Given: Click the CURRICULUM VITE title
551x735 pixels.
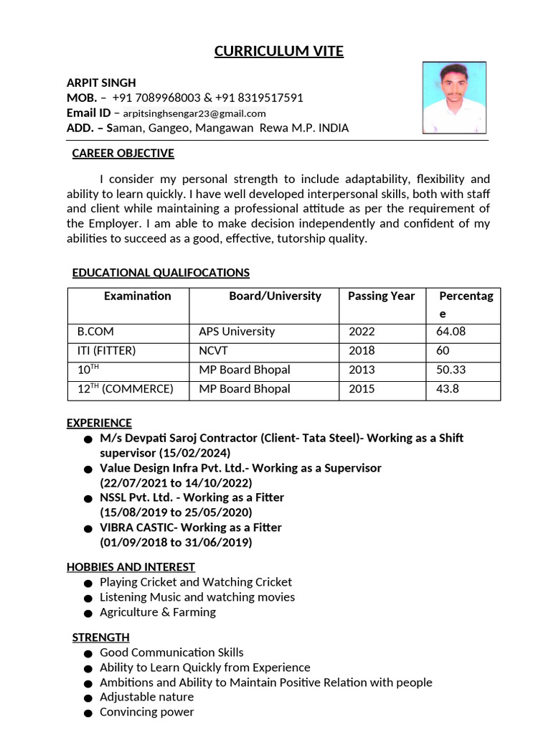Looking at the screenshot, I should pyautogui.click(x=279, y=51).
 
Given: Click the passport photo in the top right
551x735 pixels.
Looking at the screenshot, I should pyautogui.click(x=454, y=97).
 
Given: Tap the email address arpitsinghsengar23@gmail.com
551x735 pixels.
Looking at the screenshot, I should pyautogui.click(x=194, y=113).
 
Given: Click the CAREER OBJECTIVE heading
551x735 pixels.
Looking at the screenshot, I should pyautogui.click(x=123, y=153).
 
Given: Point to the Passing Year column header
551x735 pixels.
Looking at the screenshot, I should pyautogui.click(x=381, y=296).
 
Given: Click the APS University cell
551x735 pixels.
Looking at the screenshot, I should pyautogui.click(x=237, y=332).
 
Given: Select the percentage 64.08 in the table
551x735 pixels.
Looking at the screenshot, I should pyautogui.click(x=451, y=332).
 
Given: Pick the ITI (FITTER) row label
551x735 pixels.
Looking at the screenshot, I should pyautogui.click(x=106, y=351).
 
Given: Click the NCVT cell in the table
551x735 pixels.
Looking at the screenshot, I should pyautogui.click(x=213, y=351).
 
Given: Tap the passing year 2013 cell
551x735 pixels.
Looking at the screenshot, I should pyautogui.click(x=362, y=370).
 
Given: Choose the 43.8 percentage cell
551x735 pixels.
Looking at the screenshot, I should pyautogui.click(x=447, y=389).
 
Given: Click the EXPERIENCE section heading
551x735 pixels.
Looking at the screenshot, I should pyautogui.click(x=99, y=423).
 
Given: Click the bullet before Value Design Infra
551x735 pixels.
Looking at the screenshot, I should pyautogui.click(x=87, y=469).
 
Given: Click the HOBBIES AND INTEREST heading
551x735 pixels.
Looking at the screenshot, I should pyautogui.click(x=131, y=567).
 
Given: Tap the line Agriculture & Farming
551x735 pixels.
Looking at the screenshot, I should pyautogui.click(x=158, y=612).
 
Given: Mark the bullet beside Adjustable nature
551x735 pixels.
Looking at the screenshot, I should pyautogui.click(x=87, y=698).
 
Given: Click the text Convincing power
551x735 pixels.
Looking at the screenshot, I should pyautogui.click(x=147, y=712).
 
